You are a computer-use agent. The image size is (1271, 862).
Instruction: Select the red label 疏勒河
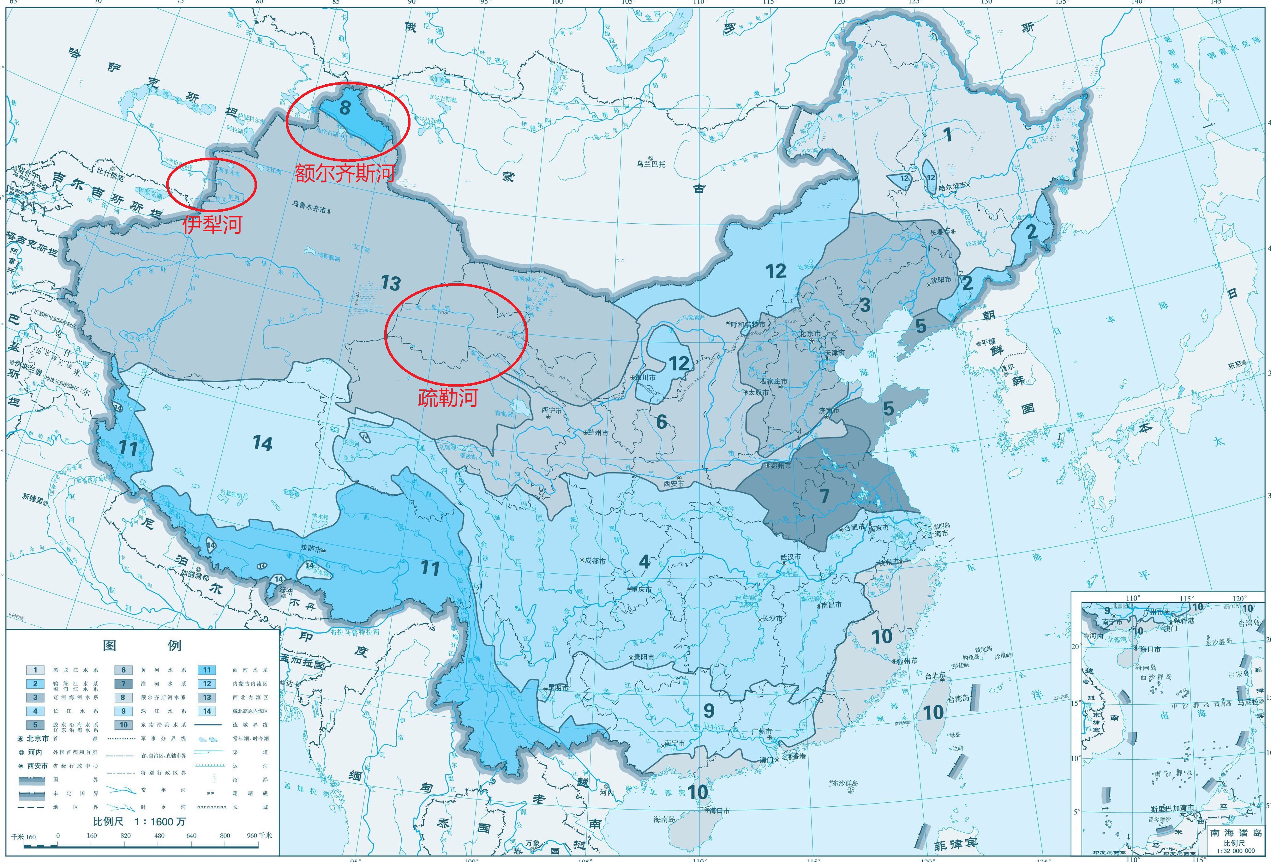[x=448, y=398]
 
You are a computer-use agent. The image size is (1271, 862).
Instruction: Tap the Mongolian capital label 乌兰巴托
[x=651, y=164]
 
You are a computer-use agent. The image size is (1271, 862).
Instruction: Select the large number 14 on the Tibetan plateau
[x=262, y=443]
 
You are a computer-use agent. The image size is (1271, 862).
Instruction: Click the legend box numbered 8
[x=123, y=697]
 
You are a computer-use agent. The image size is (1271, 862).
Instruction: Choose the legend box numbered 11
[x=207, y=670]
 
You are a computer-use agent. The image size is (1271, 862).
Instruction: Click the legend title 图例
[x=142, y=645]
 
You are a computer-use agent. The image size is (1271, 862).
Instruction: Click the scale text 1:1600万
[x=140, y=822]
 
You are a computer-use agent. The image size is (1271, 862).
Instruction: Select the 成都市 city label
[x=595, y=561]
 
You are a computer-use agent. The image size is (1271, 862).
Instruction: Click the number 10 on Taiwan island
[x=933, y=713]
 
